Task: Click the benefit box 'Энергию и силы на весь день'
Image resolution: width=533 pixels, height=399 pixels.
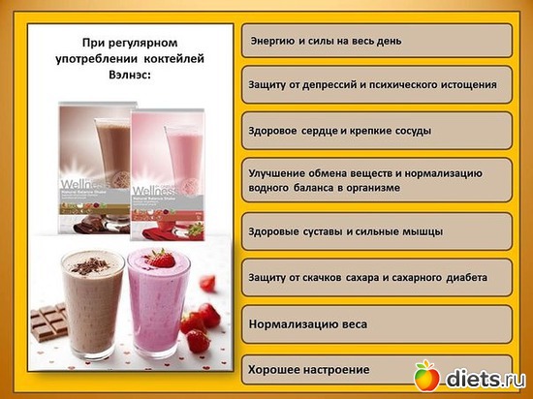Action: point(375,41)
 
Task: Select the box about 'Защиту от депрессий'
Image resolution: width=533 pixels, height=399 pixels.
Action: point(375,84)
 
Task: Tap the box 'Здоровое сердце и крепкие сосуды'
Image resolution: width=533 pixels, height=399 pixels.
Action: point(375,129)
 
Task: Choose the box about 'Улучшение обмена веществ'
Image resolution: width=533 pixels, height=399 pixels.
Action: point(375,179)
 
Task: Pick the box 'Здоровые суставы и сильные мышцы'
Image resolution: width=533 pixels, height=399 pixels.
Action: point(375,231)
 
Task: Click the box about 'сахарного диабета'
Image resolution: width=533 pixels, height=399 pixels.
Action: point(375,277)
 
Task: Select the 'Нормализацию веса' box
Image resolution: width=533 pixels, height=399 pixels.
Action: point(375,322)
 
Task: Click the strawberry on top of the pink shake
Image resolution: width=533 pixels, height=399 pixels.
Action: point(163,259)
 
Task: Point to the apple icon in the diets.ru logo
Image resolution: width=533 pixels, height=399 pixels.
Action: point(427,376)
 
